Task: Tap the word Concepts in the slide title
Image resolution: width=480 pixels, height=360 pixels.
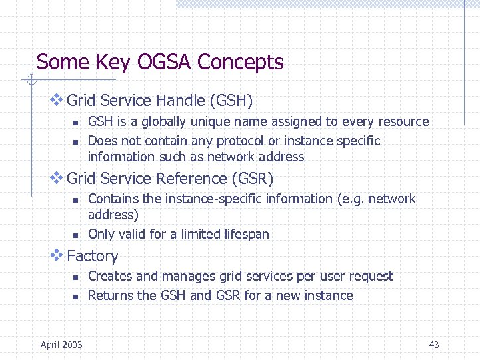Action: click(241, 63)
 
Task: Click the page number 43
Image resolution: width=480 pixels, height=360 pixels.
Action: click(434, 345)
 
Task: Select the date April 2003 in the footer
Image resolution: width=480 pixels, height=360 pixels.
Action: click(61, 345)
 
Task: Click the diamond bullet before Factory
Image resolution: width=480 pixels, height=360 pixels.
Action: click(57, 255)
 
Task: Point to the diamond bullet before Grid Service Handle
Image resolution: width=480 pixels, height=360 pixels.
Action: click(57, 100)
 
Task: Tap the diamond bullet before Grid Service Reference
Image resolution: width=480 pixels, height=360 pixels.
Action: click(57, 178)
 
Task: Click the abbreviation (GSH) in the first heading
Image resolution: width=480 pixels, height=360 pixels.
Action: click(231, 101)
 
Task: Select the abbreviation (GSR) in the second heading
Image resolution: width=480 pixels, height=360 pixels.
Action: click(252, 179)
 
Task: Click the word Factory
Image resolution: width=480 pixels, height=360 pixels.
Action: click(93, 256)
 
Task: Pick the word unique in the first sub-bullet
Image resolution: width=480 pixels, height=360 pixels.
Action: click(210, 121)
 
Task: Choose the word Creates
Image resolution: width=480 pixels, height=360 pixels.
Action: click(109, 276)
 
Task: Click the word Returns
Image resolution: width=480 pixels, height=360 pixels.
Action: click(111, 295)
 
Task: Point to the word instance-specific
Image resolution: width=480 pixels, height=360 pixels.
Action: click(191, 199)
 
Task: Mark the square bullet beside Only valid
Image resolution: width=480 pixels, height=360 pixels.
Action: click(76, 235)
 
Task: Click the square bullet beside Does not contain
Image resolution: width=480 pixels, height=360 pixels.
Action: click(76, 141)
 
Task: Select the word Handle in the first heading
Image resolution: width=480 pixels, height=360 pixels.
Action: click(181, 101)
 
